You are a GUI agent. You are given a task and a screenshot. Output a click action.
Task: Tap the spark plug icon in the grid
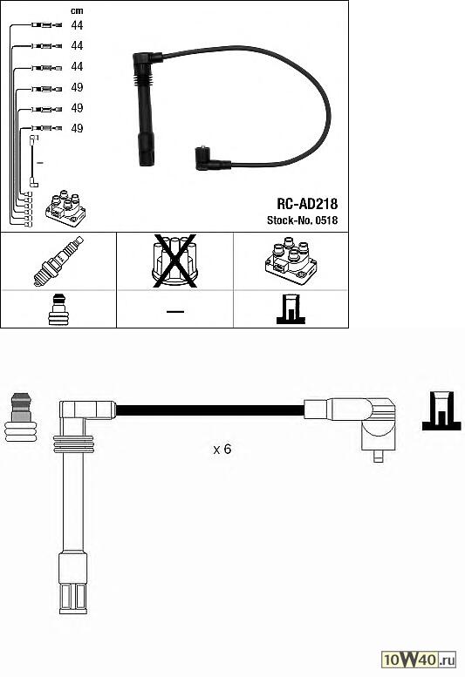click(58, 261)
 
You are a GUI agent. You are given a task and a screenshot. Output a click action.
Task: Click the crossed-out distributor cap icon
click(174, 261)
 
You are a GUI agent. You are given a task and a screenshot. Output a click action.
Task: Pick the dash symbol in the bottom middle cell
click(174, 310)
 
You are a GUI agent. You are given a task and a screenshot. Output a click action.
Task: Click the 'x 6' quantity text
click(222, 450)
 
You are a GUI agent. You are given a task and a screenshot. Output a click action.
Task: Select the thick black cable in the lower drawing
click(209, 409)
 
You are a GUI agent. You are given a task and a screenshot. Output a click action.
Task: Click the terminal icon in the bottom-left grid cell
click(58, 310)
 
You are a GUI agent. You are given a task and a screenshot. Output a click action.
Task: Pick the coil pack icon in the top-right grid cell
click(291, 261)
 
